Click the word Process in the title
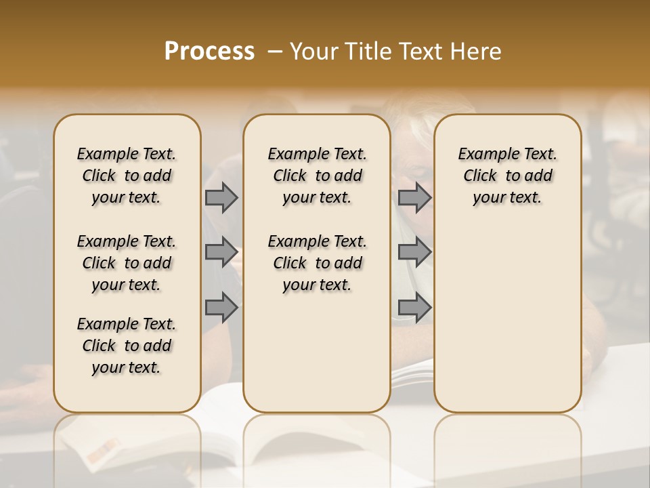[x=209, y=52]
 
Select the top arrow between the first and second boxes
[x=221, y=197]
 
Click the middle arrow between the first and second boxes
[x=221, y=252]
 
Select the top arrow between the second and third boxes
[x=414, y=197]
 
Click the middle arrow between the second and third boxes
[x=414, y=252]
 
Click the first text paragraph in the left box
[x=127, y=176]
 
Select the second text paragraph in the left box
[x=127, y=263]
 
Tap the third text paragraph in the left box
[x=127, y=346]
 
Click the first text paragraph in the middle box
[x=317, y=176]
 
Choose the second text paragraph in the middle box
[x=317, y=263]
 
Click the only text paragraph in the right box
[x=508, y=176]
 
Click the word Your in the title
[x=312, y=52]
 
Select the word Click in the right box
[x=480, y=176]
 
